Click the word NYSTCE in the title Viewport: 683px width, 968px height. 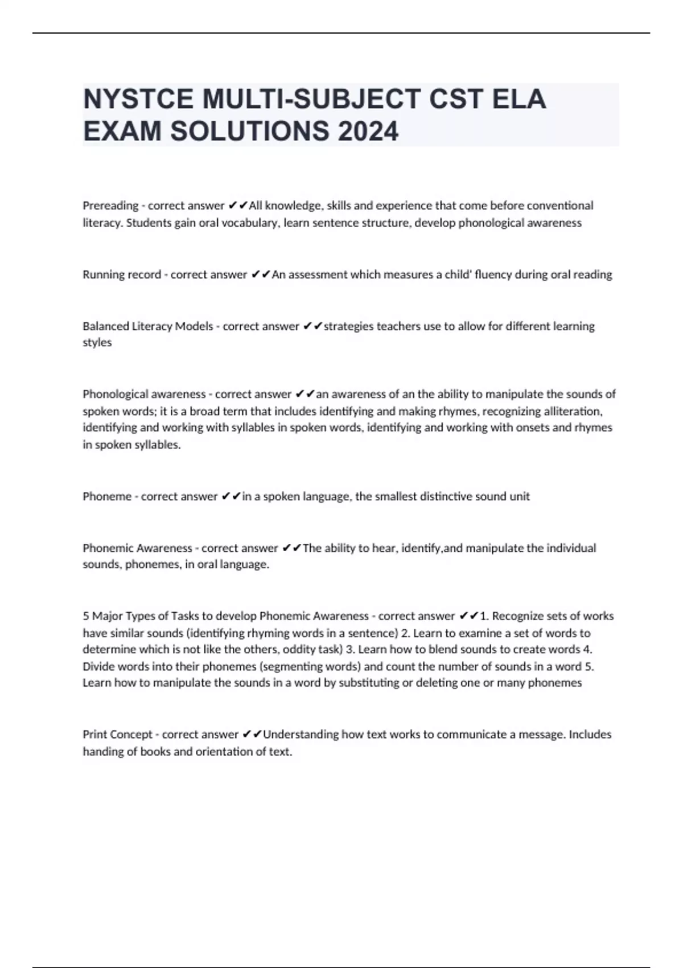(138, 99)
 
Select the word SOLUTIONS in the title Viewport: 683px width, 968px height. (249, 132)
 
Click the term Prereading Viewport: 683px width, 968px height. (110, 206)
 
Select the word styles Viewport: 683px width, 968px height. (97, 342)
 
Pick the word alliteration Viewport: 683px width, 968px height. (571, 411)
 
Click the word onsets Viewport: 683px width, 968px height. (532, 428)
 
